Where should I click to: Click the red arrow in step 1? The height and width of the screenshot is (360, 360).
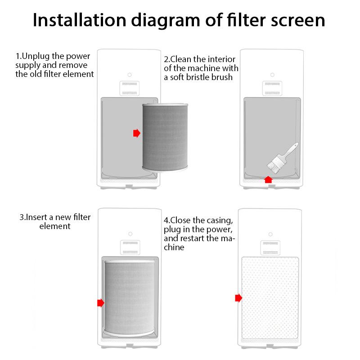137,133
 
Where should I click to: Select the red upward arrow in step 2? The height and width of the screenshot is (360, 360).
268,180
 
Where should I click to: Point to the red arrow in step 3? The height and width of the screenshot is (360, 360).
101,303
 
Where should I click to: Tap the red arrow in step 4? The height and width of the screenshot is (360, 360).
238,298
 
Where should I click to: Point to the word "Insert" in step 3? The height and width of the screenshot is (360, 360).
39,217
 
